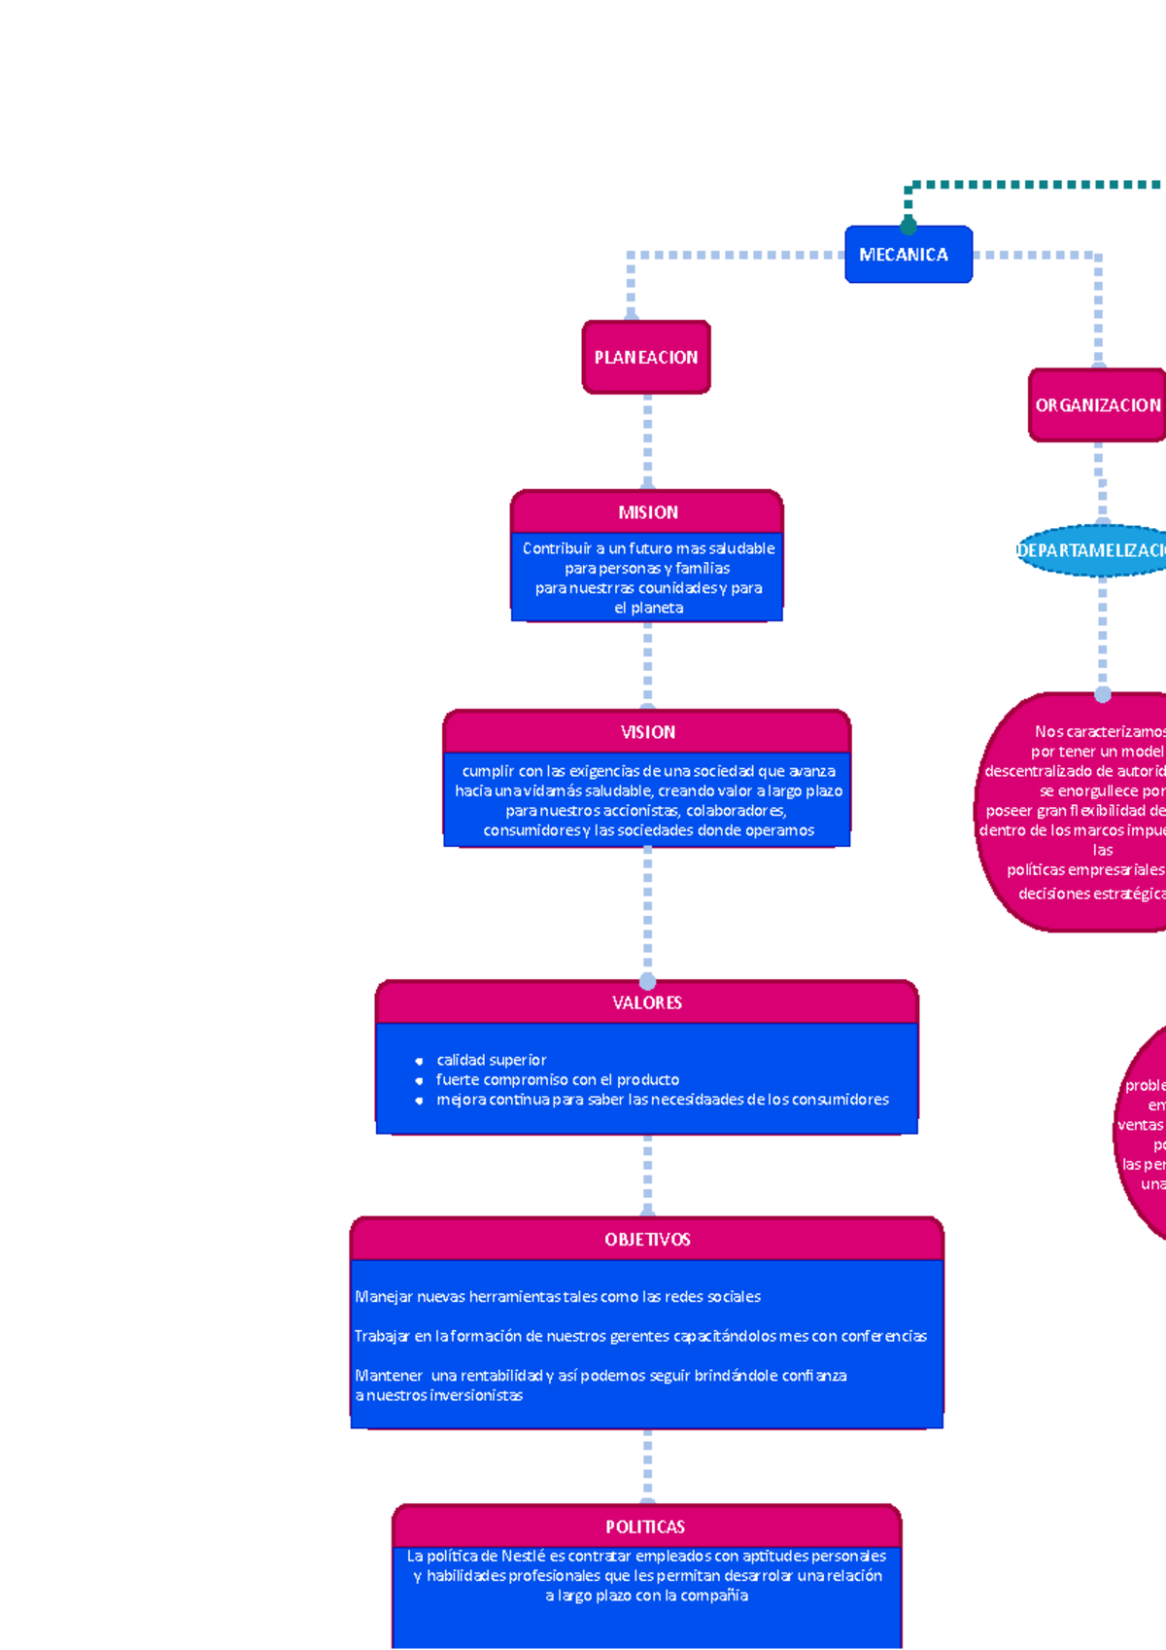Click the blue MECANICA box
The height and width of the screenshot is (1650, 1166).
(908, 255)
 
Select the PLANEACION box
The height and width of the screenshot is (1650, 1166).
(646, 358)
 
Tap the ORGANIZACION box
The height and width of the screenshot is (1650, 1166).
(1097, 405)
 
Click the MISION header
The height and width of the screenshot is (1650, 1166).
(647, 512)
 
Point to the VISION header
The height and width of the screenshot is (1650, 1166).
(647, 732)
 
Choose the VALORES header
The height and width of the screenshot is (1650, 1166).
(647, 1002)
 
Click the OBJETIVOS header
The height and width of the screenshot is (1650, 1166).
(647, 1240)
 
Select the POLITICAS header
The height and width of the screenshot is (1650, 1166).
(645, 1527)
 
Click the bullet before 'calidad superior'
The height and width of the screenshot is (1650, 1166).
(419, 1061)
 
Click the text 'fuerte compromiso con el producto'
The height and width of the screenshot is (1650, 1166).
(557, 1079)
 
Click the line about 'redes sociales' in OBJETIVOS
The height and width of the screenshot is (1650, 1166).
(558, 1297)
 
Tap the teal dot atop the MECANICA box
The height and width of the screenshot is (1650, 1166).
(909, 226)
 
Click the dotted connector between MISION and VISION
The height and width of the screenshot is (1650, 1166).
(647, 665)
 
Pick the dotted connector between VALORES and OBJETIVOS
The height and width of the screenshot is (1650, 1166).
(647, 1175)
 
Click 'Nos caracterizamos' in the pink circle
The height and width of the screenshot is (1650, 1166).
(1099, 731)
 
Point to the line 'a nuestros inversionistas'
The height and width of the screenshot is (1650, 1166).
(439, 1395)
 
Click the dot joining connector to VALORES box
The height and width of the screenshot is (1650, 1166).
(647, 982)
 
